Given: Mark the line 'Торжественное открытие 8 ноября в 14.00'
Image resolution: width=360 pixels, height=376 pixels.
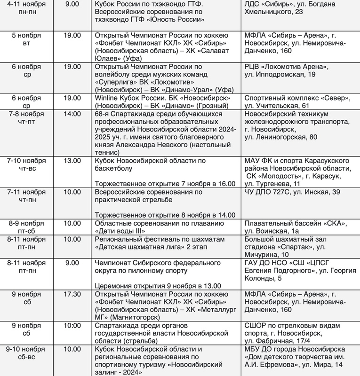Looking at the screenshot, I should point(165,215).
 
